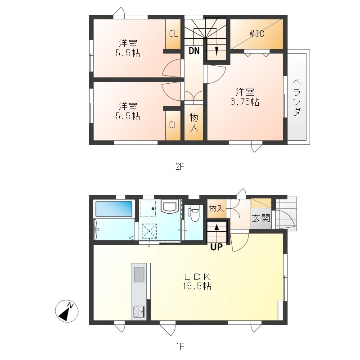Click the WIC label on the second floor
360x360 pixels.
pyautogui.click(x=256, y=34)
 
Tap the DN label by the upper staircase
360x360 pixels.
pyautogui.click(x=194, y=51)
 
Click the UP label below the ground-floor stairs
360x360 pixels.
pyautogui.click(x=216, y=247)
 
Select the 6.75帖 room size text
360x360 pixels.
pyautogui.click(x=244, y=102)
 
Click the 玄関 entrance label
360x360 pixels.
pyautogui.click(x=261, y=219)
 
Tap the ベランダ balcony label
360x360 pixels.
pyautogui.click(x=297, y=97)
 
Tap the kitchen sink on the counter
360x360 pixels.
pyautogui.click(x=139, y=274)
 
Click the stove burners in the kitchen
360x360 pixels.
pyautogui.click(x=139, y=311)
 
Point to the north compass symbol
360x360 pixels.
pyautogui.click(x=67, y=311)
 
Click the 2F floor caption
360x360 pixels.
pyautogui.click(x=180, y=166)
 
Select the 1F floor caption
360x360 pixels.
pyautogui.click(x=180, y=346)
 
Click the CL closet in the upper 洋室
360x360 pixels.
pyautogui.click(x=173, y=34)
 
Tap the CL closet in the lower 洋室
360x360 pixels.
pyautogui.click(x=173, y=125)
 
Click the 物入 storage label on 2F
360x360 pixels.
pyautogui.click(x=193, y=122)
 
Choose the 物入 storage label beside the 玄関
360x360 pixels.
pyautogui.click(x=216, y=208)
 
